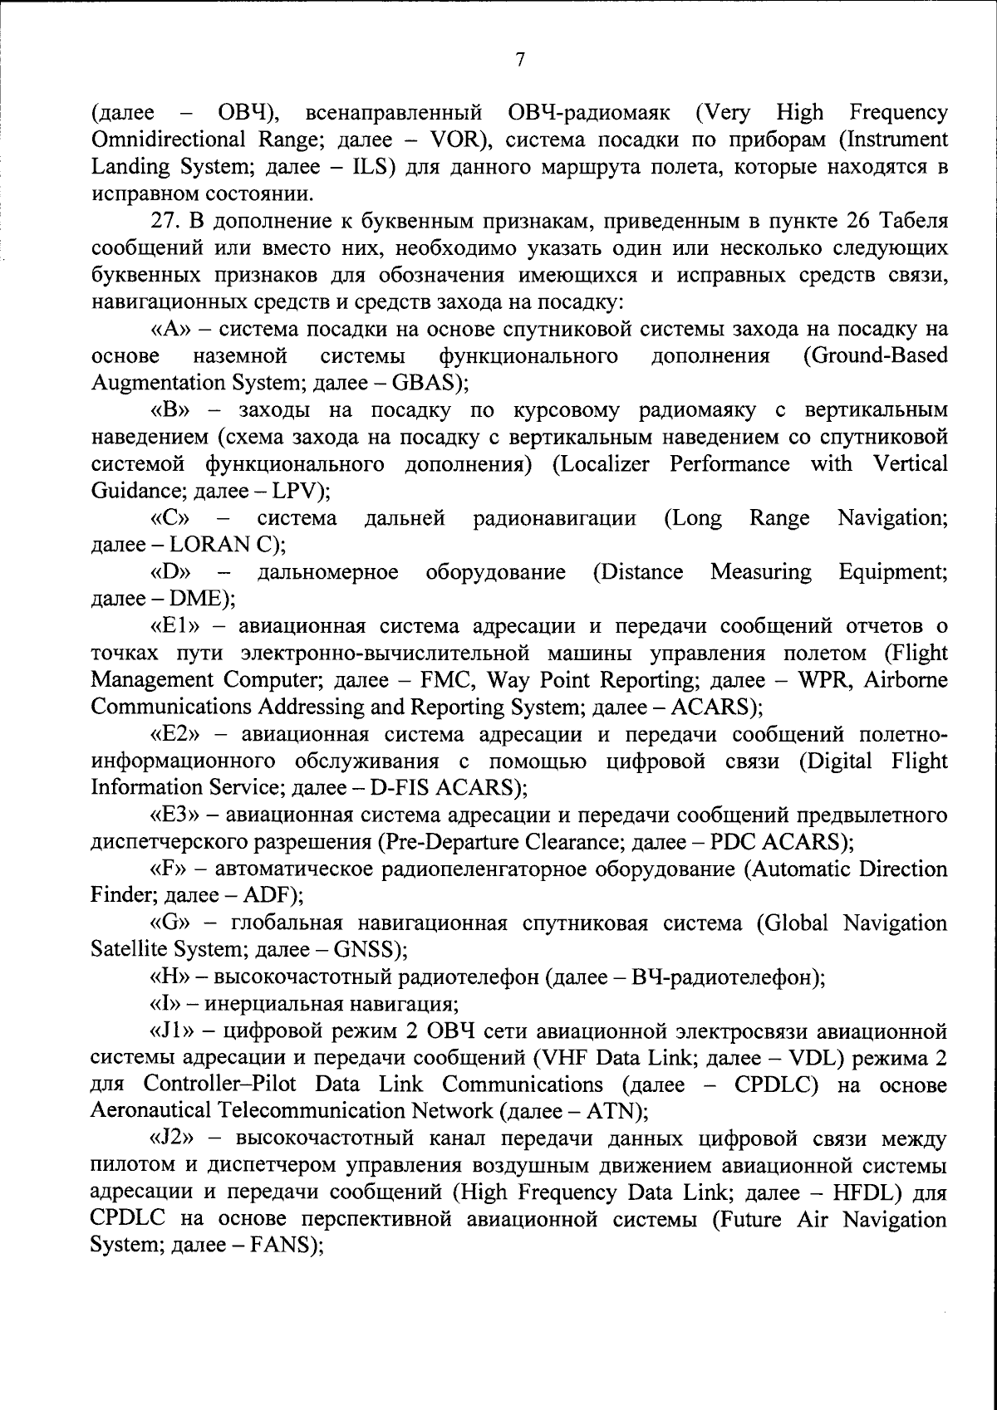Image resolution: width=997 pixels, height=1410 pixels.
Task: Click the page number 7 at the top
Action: pyautogui.click(x=519, y=59)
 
